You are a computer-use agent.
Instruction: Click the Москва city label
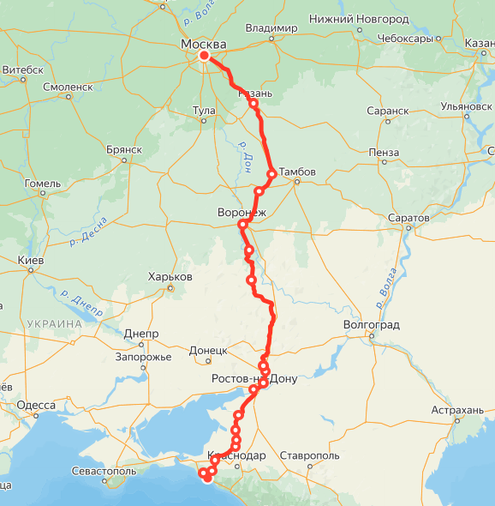(204, 44)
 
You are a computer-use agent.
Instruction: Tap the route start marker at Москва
(204, 57)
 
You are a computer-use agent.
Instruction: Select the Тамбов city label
(297, 172)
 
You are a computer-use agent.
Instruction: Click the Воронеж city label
(242, 211)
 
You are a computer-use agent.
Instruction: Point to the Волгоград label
(371, 326)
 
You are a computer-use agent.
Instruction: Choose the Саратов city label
(408, 219)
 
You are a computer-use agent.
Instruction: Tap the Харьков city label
(170, 277)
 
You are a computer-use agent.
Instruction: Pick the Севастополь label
(104, 471)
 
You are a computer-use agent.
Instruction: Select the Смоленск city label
(68, 87)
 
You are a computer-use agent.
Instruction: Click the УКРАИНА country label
(53, 324)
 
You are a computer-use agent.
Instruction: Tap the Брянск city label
(123, 148)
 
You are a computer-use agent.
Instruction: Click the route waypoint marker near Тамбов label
(271, 173)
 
